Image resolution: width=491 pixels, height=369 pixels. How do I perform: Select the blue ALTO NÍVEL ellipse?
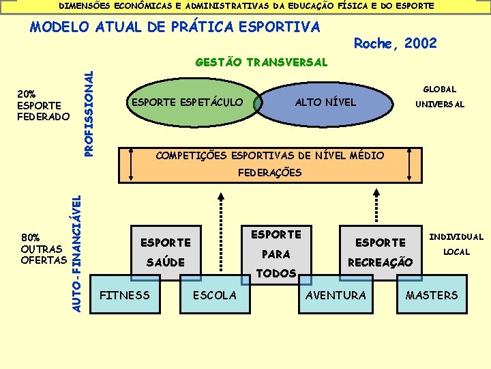[325, 102]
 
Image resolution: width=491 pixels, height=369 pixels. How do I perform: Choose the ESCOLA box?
[215, 295]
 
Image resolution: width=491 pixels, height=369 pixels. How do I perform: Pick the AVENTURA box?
[336, 295]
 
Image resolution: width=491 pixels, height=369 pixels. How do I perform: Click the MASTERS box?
[432, 295]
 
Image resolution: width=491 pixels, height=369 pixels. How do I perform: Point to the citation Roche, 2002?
[396, 44]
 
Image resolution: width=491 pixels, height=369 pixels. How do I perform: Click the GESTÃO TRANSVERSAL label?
[261, 62]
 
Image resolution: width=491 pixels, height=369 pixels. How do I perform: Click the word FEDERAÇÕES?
[269, 173]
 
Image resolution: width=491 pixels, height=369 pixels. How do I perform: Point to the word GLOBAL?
[440, 90]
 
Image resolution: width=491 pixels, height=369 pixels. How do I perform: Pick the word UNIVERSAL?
[440, 105]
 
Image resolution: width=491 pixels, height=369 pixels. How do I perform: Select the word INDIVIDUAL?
[456, 237]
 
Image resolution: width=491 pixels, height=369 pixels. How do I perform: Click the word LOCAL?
[456, 252]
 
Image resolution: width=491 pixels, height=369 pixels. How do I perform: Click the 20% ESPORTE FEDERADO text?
[43, 105]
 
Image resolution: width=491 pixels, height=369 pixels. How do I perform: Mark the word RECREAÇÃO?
[380, 262]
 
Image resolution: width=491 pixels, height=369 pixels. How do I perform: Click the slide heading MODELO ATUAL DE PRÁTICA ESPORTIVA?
[175, 27]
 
